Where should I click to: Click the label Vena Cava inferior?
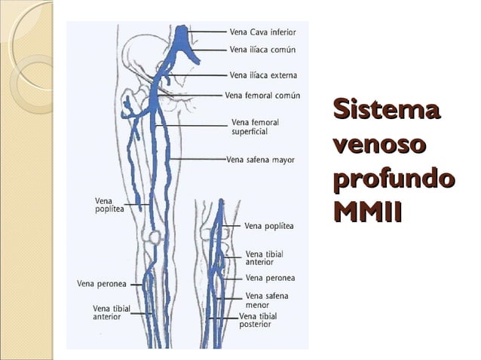263,32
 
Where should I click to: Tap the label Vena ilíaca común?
262,50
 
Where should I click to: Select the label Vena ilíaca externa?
263,75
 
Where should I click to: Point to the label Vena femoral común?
262,96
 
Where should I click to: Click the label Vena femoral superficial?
256,127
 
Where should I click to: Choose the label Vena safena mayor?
260,160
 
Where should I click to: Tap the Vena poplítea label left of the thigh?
109,205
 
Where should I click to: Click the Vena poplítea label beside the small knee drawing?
269,226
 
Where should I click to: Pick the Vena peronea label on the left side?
102,284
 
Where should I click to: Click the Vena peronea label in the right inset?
270,278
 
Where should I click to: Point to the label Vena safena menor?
267,301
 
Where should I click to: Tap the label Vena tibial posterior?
258,320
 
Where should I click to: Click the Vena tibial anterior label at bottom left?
112,313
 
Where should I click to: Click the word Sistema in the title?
387,108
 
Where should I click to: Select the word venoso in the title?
380,145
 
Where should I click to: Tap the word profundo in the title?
394,179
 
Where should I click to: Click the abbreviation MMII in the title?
367,212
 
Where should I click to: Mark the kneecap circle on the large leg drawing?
155,236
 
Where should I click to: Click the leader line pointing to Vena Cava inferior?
207,32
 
